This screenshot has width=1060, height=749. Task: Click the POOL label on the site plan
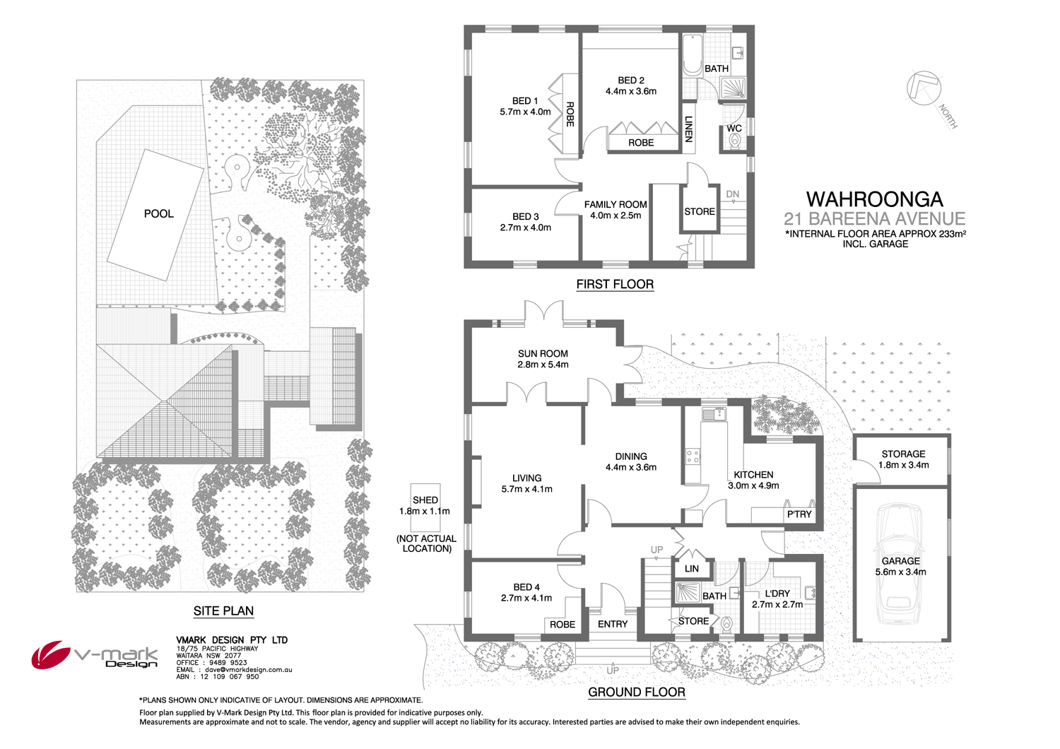tap(158, 213)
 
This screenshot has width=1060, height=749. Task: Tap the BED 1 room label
tap(525, 101)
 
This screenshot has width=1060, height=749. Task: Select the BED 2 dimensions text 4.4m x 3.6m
tap(630, 91)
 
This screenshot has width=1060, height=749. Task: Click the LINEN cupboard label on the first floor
tap(689, 129)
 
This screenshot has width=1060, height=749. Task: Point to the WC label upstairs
tap(734, 129)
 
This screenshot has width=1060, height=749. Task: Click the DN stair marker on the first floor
tap(732, 194)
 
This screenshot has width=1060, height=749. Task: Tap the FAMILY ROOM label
tap(616, 204)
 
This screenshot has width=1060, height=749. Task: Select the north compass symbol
tap(924, 88)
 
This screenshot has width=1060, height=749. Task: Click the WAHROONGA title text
tap(874, 199)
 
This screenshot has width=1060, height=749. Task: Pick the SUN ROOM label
tap(543, 353)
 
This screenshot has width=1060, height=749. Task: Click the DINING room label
tap(630, 456)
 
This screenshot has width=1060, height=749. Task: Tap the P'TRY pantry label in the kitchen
tap(799, 514)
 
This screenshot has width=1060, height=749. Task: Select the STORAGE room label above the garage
tap(902, 454)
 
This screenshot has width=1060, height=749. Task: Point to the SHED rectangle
tap(425, 507)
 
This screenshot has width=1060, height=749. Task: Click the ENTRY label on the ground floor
tap(612, 624)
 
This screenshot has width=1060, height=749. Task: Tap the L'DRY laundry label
tap(777, 594)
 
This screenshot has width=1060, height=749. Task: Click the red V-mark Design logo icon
tap(49, 654)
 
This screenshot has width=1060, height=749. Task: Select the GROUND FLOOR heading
tap(636, 692)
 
